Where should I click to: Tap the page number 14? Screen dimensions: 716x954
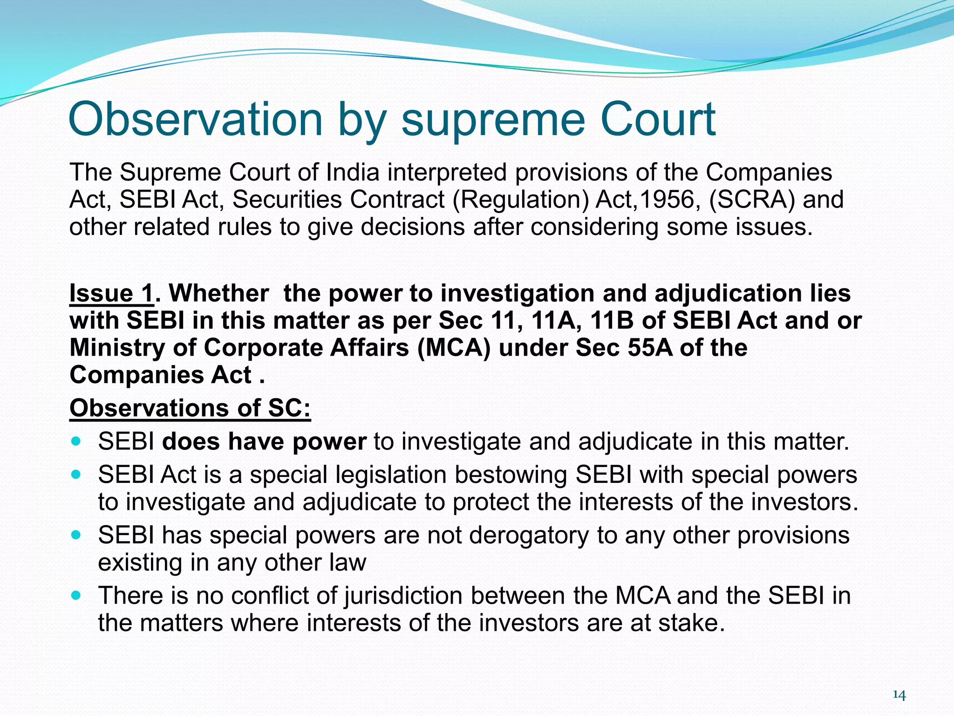[x=899, y=695]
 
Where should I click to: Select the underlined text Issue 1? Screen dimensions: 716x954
[x=111, y=294]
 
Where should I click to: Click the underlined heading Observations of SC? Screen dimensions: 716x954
[x=190, y=408]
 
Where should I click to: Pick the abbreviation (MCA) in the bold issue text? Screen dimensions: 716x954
[x=454, y=348]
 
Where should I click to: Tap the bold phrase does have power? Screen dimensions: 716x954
[x=264, y=441]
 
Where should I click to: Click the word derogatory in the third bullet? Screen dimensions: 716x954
[x=529, y=536]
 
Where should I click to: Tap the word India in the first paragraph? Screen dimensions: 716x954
[x=353, y=172]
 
